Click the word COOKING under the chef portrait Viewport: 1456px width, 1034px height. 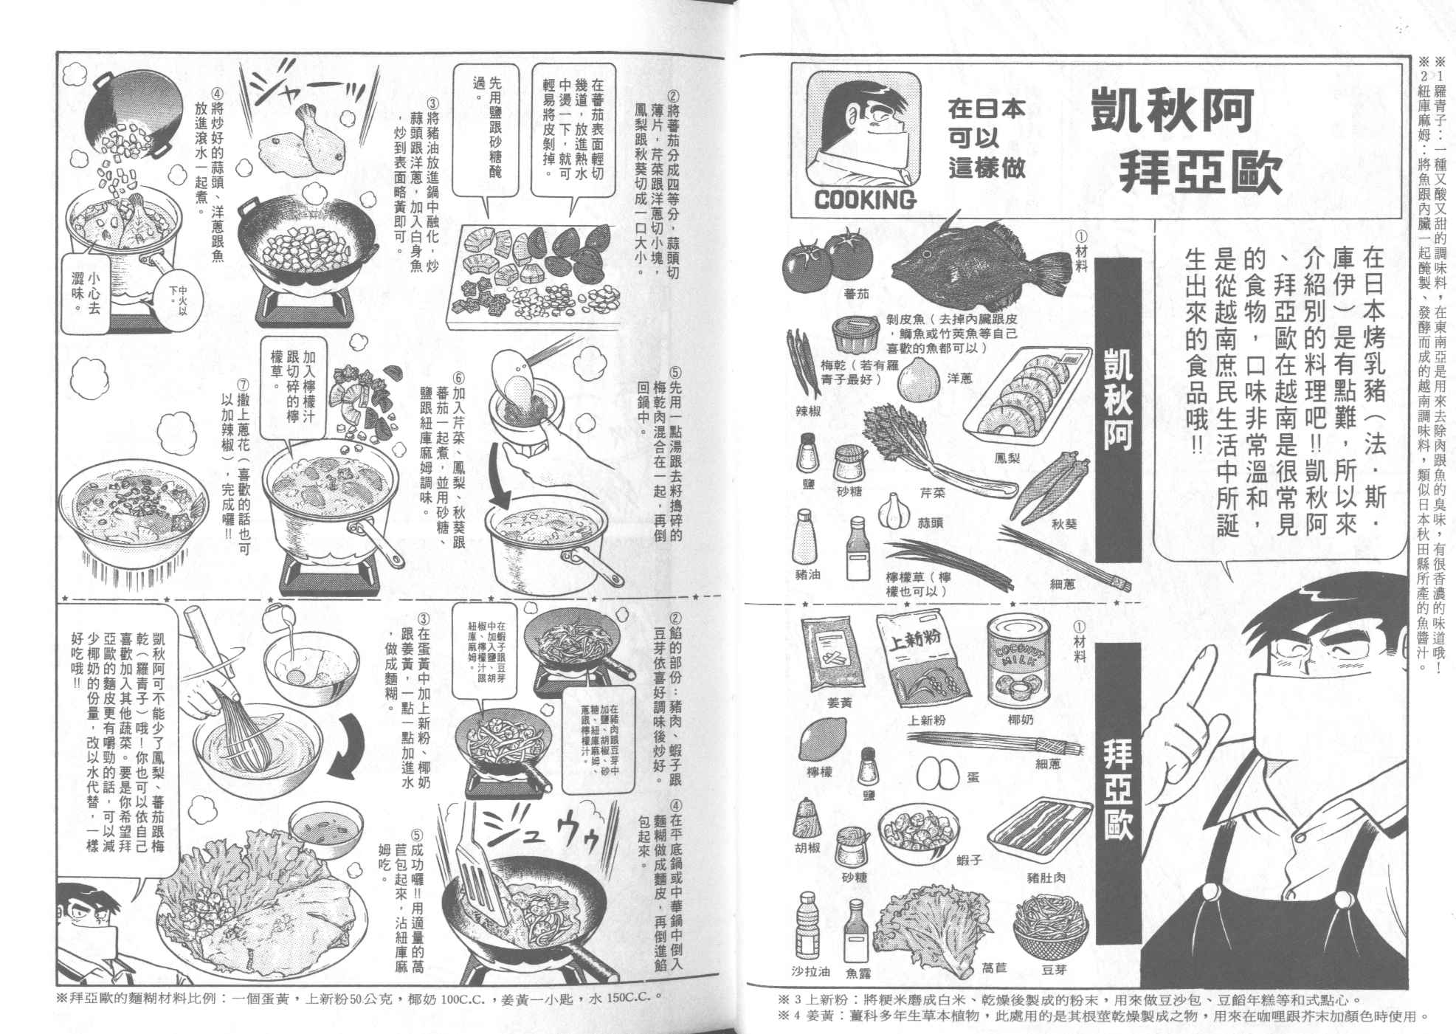click(865, 199)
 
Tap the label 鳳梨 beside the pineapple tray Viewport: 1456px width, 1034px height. click(1007, 458)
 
